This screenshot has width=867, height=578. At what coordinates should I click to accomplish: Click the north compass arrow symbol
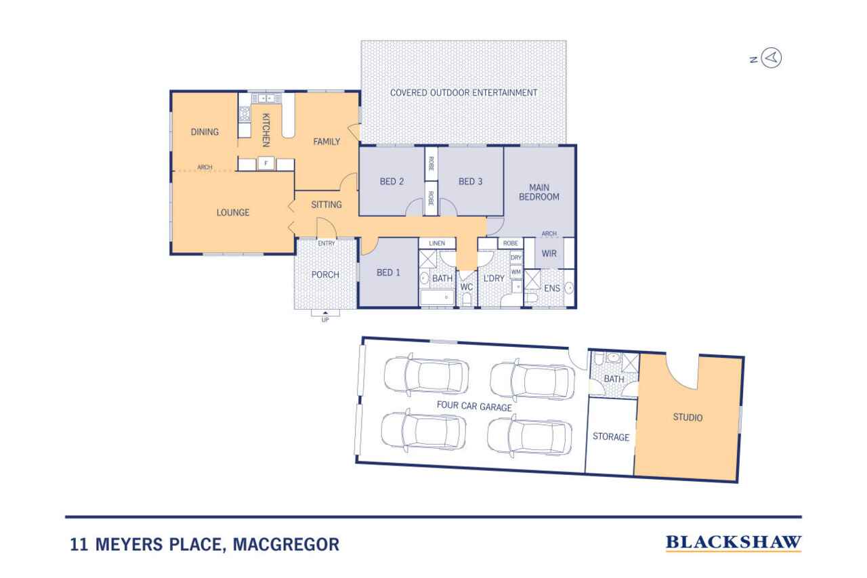pos(771,58)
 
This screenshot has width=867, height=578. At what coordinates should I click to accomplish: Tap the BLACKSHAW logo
pos(734,543)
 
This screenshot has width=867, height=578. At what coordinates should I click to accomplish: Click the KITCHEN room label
pos(266,129)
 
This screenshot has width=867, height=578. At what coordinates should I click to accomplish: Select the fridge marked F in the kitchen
pos(266,163)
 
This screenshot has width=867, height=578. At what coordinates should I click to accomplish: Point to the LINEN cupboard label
pos(437,243)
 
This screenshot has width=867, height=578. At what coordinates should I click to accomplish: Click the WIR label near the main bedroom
pos(549,253)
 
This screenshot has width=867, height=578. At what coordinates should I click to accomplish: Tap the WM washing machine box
pos(516,272)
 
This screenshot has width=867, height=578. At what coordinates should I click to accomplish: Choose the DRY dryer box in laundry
pos(516,258)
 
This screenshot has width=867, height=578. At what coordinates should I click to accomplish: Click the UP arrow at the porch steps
pos(326,312)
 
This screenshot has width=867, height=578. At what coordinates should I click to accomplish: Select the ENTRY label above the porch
pos(326,243)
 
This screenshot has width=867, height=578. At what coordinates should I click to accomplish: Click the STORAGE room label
pos(611,436)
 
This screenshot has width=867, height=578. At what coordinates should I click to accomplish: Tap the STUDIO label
pos(688,417)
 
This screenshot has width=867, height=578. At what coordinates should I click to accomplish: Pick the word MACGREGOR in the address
pos(286,544)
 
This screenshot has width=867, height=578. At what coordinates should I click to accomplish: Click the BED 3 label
pos(470,181)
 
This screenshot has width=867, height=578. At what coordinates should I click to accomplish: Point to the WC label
pos(467,287)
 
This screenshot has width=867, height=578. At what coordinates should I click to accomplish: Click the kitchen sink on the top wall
pos(266,98)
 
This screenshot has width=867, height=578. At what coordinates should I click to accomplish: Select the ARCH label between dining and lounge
pos(205,167)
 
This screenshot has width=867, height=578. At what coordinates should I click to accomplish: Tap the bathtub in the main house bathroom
pos(438,297)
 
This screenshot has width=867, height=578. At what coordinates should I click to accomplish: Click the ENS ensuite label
pos(552,289)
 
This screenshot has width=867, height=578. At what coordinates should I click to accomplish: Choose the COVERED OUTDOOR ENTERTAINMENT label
pos(463,93)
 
